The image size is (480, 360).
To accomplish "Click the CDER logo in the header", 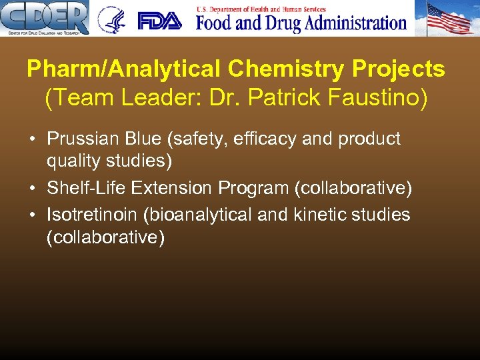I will (45, 18).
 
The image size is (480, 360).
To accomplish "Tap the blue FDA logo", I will (159, 21).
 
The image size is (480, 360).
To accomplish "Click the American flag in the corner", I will (449, 18).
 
